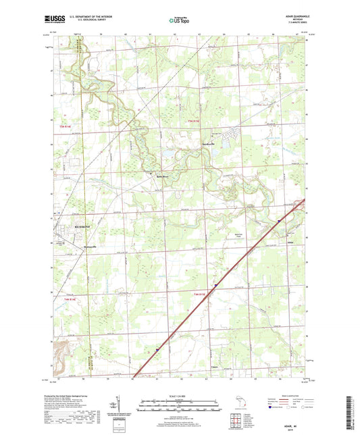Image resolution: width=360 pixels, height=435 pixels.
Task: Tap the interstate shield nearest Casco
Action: pyautogui.click(x=155, y=350)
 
